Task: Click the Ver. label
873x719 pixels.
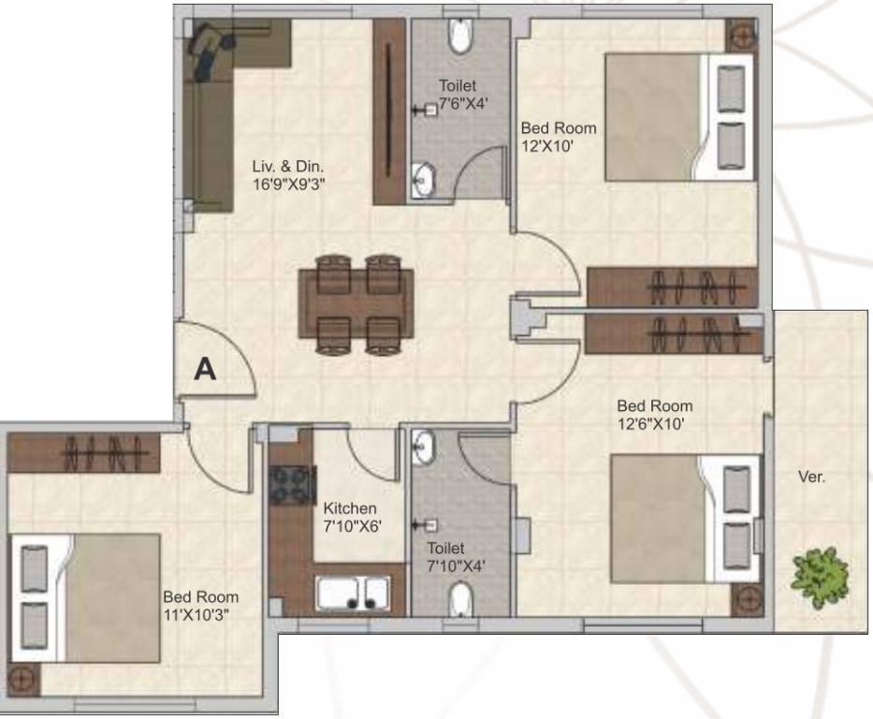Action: (x=811, y=477)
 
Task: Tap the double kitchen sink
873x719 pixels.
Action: (x=353, y=594)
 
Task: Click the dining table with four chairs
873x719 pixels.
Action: (x=356, y=305)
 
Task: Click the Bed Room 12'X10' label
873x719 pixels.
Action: (x=558, y=137)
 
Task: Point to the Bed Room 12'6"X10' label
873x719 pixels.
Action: (x=654, y=414)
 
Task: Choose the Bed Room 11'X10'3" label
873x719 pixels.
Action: (x=200, y=605)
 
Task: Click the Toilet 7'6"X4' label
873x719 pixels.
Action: (x=458, y=95)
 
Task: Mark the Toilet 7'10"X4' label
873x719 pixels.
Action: (x=457, y=556)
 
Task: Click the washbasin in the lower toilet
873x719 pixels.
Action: (x=425, y=448)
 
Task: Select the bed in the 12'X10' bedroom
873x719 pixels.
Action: (x=678, y=116)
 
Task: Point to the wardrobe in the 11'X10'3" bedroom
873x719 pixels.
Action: (x=84, y=454)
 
